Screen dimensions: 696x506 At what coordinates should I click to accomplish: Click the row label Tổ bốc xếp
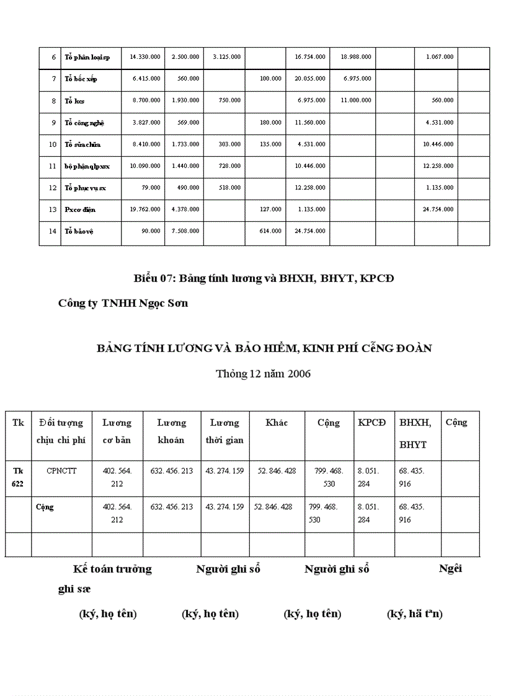click(81, 79)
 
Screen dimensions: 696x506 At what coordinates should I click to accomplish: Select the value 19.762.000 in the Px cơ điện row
click(145, 209)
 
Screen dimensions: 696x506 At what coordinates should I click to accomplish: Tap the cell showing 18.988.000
click(356, 57)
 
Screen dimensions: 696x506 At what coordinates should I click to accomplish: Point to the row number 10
click(53, 144)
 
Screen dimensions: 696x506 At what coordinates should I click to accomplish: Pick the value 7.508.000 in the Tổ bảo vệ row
click(185, 231)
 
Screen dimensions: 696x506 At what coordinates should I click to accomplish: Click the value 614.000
click(270, 231)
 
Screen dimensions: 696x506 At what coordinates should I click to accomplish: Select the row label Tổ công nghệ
click(85, 123)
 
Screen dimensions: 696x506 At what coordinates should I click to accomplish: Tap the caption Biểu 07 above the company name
click(264, 278)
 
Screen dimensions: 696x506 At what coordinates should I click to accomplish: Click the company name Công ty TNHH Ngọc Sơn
click(123, 303)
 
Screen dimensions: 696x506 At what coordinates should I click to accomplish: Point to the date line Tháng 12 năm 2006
click(263, 374)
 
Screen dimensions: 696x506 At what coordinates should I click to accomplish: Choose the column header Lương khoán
click(171, 431)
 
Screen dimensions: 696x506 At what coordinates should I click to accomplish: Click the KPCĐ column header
click(372, 423)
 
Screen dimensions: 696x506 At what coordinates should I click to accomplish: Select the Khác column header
click(277, 423)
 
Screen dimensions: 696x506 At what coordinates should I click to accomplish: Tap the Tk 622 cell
click(18, 477)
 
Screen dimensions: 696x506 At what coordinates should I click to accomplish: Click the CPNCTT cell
click(61, 471)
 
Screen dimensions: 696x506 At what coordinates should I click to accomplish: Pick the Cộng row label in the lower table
click(45, 507)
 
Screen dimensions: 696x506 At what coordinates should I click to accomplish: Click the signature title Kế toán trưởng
click(112, 569)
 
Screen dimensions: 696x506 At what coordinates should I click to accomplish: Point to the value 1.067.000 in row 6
click(439, 57)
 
